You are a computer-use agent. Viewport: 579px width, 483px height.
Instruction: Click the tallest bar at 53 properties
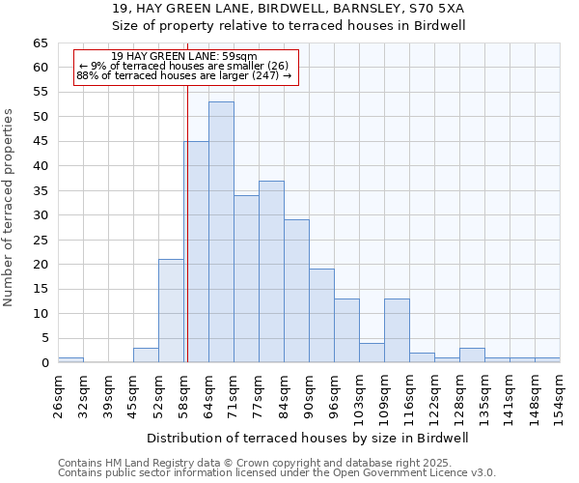coord(221,232)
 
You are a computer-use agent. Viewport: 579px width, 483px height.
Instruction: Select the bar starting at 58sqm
coord(197,251)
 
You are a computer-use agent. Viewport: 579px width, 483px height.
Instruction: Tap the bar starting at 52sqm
coord(171,310)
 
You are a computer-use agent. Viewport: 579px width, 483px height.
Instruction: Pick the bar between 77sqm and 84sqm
coord(271,271)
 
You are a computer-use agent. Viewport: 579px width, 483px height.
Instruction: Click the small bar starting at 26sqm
coord(70,359)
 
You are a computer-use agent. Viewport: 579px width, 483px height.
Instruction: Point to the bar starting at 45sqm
coord(146,355)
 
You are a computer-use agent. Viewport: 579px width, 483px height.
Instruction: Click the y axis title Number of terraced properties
coord(10,207)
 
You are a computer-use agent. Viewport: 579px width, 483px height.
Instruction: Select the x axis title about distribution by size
coord(308,438)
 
